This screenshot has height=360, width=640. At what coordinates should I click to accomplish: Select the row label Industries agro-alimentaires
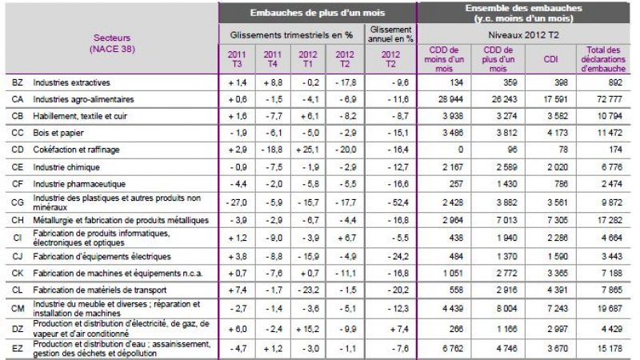coord(78,99)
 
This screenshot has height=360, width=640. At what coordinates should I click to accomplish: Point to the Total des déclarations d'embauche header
coord(605,59)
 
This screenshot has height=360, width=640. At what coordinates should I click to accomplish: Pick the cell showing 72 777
coord(605,99)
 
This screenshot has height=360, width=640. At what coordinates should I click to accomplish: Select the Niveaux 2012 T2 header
coord(526,35)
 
